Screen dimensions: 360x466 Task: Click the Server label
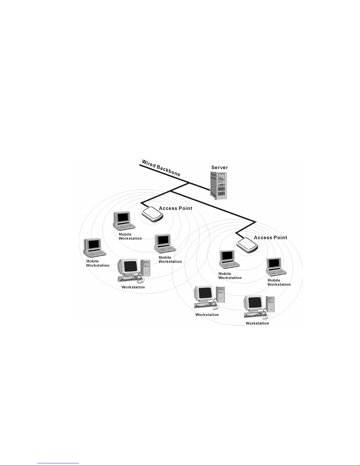point(220,168)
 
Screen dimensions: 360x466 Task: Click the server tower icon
point(219,186)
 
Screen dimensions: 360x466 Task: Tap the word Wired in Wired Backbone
point(149,164)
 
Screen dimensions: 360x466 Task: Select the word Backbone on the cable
point(168,170)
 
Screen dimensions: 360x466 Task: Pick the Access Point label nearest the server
point(175,208)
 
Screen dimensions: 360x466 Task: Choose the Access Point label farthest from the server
point(270,238)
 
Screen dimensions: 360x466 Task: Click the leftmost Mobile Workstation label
point(98,263)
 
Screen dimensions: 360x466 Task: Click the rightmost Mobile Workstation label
point(279,283)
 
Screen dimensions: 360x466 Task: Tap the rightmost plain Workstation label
point(257,323)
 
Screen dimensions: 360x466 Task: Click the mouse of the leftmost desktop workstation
point(140,281)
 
